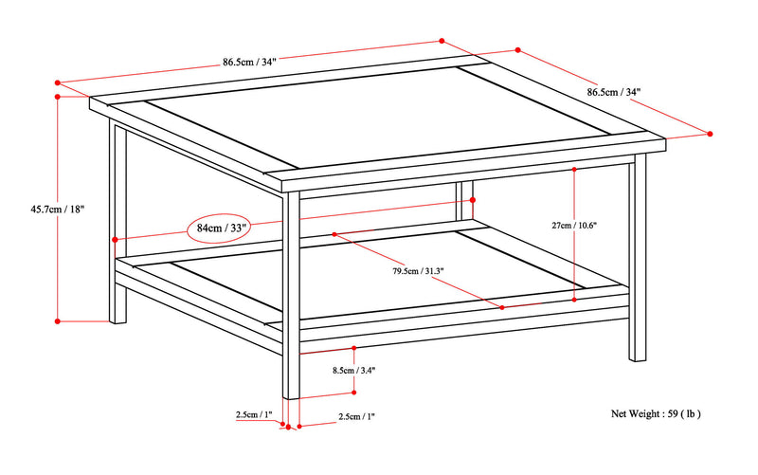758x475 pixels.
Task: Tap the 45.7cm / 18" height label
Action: click(x=58, y=209)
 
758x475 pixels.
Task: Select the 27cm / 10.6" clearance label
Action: click(x=574, y=225)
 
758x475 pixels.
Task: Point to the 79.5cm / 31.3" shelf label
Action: click(x=418, y=271)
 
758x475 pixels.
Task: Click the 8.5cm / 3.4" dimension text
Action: click(x=353, y=371)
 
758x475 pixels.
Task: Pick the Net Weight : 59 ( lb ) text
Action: click(x=656, y=413)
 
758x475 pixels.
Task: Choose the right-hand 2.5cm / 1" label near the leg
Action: click(x=357, y=416)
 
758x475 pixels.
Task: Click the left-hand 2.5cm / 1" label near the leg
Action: click(x=254, y=414)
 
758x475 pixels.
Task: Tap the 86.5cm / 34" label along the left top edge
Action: click(x=249, y=62)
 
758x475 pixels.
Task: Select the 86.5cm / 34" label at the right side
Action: click(x=613, y=92)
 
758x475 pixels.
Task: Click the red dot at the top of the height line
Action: click(x=58, y=97)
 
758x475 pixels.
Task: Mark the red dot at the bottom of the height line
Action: click(x=58, y=320)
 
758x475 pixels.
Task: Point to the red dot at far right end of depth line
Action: click(x=710, y=134)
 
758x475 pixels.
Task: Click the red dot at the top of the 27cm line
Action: click(x=574, y=170)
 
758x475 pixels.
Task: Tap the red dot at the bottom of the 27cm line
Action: click(x=574, y=300)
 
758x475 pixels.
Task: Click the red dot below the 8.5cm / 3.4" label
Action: click(x=353, y=393)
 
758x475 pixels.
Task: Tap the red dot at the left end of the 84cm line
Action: click(x=115, y=240)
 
